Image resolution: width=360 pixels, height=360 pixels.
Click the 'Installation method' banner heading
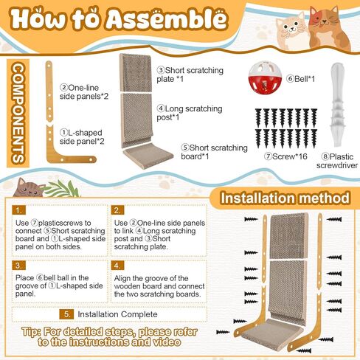pyautogui.click(x=285, y=198)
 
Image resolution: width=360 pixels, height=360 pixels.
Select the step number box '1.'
pyautogui.click(x=20, y=210)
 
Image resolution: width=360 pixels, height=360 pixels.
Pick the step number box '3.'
pyautogui.click(x=20, y=265)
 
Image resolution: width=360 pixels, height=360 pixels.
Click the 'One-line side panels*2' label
pyautogui.click(x=85, y=91)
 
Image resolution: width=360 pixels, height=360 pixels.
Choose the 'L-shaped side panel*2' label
pyautogui.click(x=83, y=136)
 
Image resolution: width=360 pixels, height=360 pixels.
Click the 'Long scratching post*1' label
pyautogui.click(x=179, y=112)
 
